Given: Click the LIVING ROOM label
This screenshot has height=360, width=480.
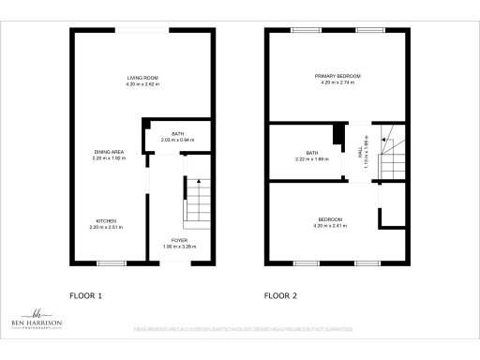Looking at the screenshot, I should coord(143,77).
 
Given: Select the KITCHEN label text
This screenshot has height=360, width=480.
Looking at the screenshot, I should coord(105,220).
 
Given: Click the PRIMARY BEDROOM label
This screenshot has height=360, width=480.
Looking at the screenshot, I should coord(337,76).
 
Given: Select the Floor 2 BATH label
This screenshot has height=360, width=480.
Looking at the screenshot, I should coord(312,153).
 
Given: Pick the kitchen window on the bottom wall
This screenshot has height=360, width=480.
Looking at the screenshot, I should coord(112,262).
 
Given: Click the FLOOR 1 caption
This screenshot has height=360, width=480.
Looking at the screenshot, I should coord(86,295).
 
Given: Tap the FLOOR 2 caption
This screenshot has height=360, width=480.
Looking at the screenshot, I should coord(280,295).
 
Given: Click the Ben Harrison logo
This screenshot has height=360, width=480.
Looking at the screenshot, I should coord(38,324).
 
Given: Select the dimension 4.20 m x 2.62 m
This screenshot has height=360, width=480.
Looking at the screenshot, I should coord(143,84).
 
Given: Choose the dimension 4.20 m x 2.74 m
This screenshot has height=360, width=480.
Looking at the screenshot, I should coord(337,83).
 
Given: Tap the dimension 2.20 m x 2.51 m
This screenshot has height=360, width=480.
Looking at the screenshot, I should coord(105,228).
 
